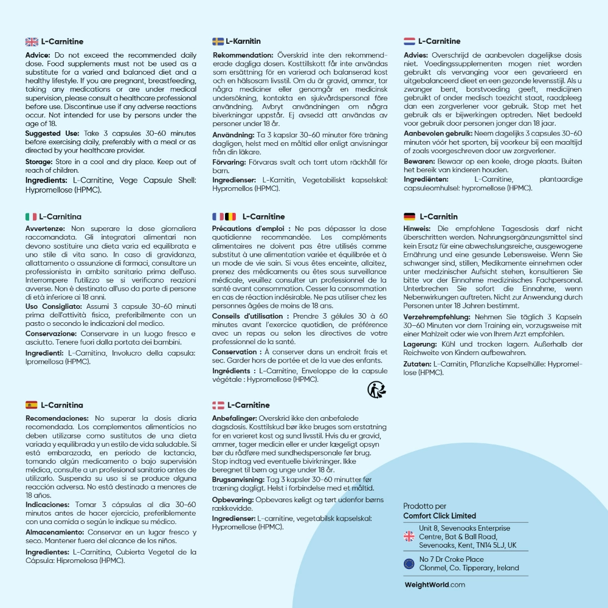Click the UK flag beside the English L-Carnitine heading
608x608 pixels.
point(32,41)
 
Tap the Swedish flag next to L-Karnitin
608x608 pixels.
point(218,41)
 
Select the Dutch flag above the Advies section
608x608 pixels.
point(409,41)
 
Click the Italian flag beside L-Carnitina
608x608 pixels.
point(31,216)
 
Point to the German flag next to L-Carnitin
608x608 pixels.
point(409,216)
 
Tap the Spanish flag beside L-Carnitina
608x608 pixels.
point(31,405)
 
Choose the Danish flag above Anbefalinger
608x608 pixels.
point(218,405)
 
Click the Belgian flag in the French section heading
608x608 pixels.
point(230,216)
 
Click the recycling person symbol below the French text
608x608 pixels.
point(376,389)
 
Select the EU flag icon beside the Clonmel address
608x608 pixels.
point(409,564)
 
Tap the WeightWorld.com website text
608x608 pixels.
point(435,585)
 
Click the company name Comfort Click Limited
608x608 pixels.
point(440,516)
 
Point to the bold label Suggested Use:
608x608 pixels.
point(51,133)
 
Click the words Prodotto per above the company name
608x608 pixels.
point(424,506)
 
